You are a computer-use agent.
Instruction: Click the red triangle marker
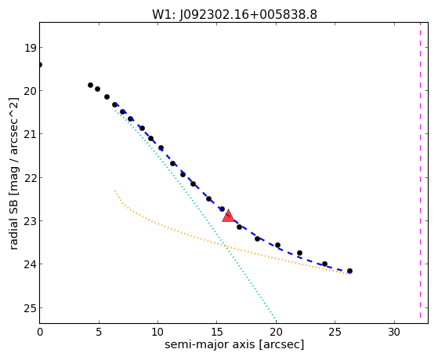pyautogui.click(x=228, y=216)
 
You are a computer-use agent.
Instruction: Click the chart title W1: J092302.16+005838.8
pyautogui.click(x=234, y=14)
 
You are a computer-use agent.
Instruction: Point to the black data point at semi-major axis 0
pyautogui.click(x=40, y=65)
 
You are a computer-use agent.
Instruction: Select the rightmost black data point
pyautogui.click(x=349, y=271)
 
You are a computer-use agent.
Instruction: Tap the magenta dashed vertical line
pyautogui.click(x=420, y=173)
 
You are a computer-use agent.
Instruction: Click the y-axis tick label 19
pyautogui.click(x=30, y=48)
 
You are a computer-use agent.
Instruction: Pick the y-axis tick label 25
pyautogui.click(x=30, y=308)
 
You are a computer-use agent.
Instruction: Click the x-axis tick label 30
pyautogui.click(x=394, y=332)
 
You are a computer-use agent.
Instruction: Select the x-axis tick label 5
pyautogui.click(x=99, y=332)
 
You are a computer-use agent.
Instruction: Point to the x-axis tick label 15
pyautogui.click(x=217, y=332)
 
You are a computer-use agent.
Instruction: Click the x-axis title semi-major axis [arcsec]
pyautogui.click(x=234, y=344)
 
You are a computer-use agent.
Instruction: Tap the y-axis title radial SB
pyautogui.click(x=13, y=220)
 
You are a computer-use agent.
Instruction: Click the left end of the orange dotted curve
pyautogui.click(x=115, y=191)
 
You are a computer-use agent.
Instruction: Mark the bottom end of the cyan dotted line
pyautogui.click(x=276, y=321)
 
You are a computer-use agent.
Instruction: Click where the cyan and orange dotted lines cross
pyautogui.click(x=226, y=246)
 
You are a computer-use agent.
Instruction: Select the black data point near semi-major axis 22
pyautogui.click(x=300, y=253)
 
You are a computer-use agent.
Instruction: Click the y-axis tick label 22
pyautogui.click(x=30, y=178)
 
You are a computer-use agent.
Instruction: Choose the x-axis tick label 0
pyautogui.click(x=40, y=332)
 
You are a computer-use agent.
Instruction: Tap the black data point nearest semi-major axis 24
pyautogui.click(x=324, y=264)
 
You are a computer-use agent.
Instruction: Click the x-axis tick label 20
pyautogui.click(x=276, y=332)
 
